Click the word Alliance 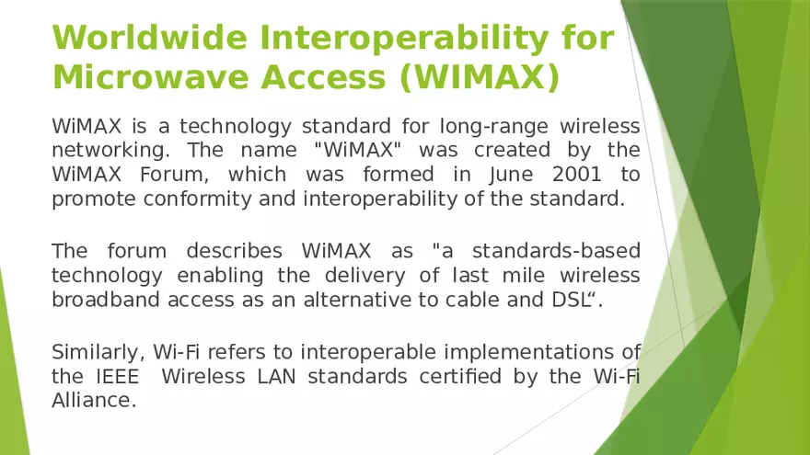(92, 400)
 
